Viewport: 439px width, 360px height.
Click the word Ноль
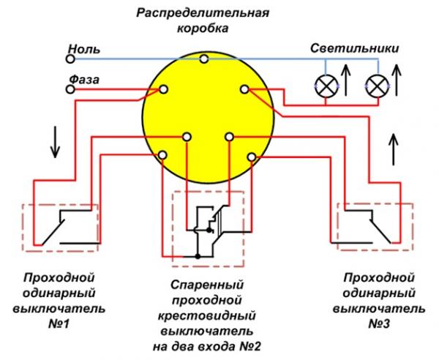tap(79, 49)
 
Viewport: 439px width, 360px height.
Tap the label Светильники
tap(354, 49)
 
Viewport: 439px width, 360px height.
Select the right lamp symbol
tap(376, 85)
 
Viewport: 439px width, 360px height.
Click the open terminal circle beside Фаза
tap(71, 89)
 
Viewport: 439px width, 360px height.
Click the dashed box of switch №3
tap(372, 225)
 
